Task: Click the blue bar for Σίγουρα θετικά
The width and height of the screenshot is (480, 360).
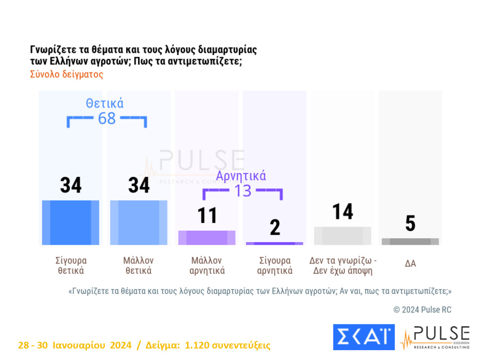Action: [70, 223]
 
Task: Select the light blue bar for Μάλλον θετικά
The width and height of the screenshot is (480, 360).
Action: [139, 223]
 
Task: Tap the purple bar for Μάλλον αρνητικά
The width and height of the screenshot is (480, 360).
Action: [207, 237]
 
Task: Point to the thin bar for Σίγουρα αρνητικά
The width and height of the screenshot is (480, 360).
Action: [275, 243]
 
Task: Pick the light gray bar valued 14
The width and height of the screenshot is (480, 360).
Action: [343, 236]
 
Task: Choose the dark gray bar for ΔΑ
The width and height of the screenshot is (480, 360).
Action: [410, 242]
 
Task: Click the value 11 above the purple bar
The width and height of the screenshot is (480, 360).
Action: [207, 215]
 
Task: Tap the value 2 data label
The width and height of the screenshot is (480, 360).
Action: [275, 227]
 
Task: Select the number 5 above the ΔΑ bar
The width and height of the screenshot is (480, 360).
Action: [410, 224]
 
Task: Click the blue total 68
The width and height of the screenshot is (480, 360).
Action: [107, 118]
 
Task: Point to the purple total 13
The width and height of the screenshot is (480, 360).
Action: [242, 190]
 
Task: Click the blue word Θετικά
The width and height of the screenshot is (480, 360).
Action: [105, 104]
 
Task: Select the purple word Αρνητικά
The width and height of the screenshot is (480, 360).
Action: [241, 176]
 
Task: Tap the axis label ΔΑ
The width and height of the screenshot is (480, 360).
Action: [410, 263]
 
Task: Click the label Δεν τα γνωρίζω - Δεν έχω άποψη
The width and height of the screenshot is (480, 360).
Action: [343, 266]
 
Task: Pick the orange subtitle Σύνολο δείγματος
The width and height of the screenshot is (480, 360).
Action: [67, 74]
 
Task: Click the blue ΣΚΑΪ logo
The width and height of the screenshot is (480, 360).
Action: [363, 337]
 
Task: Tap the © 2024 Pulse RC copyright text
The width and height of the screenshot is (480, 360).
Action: [422, 310]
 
